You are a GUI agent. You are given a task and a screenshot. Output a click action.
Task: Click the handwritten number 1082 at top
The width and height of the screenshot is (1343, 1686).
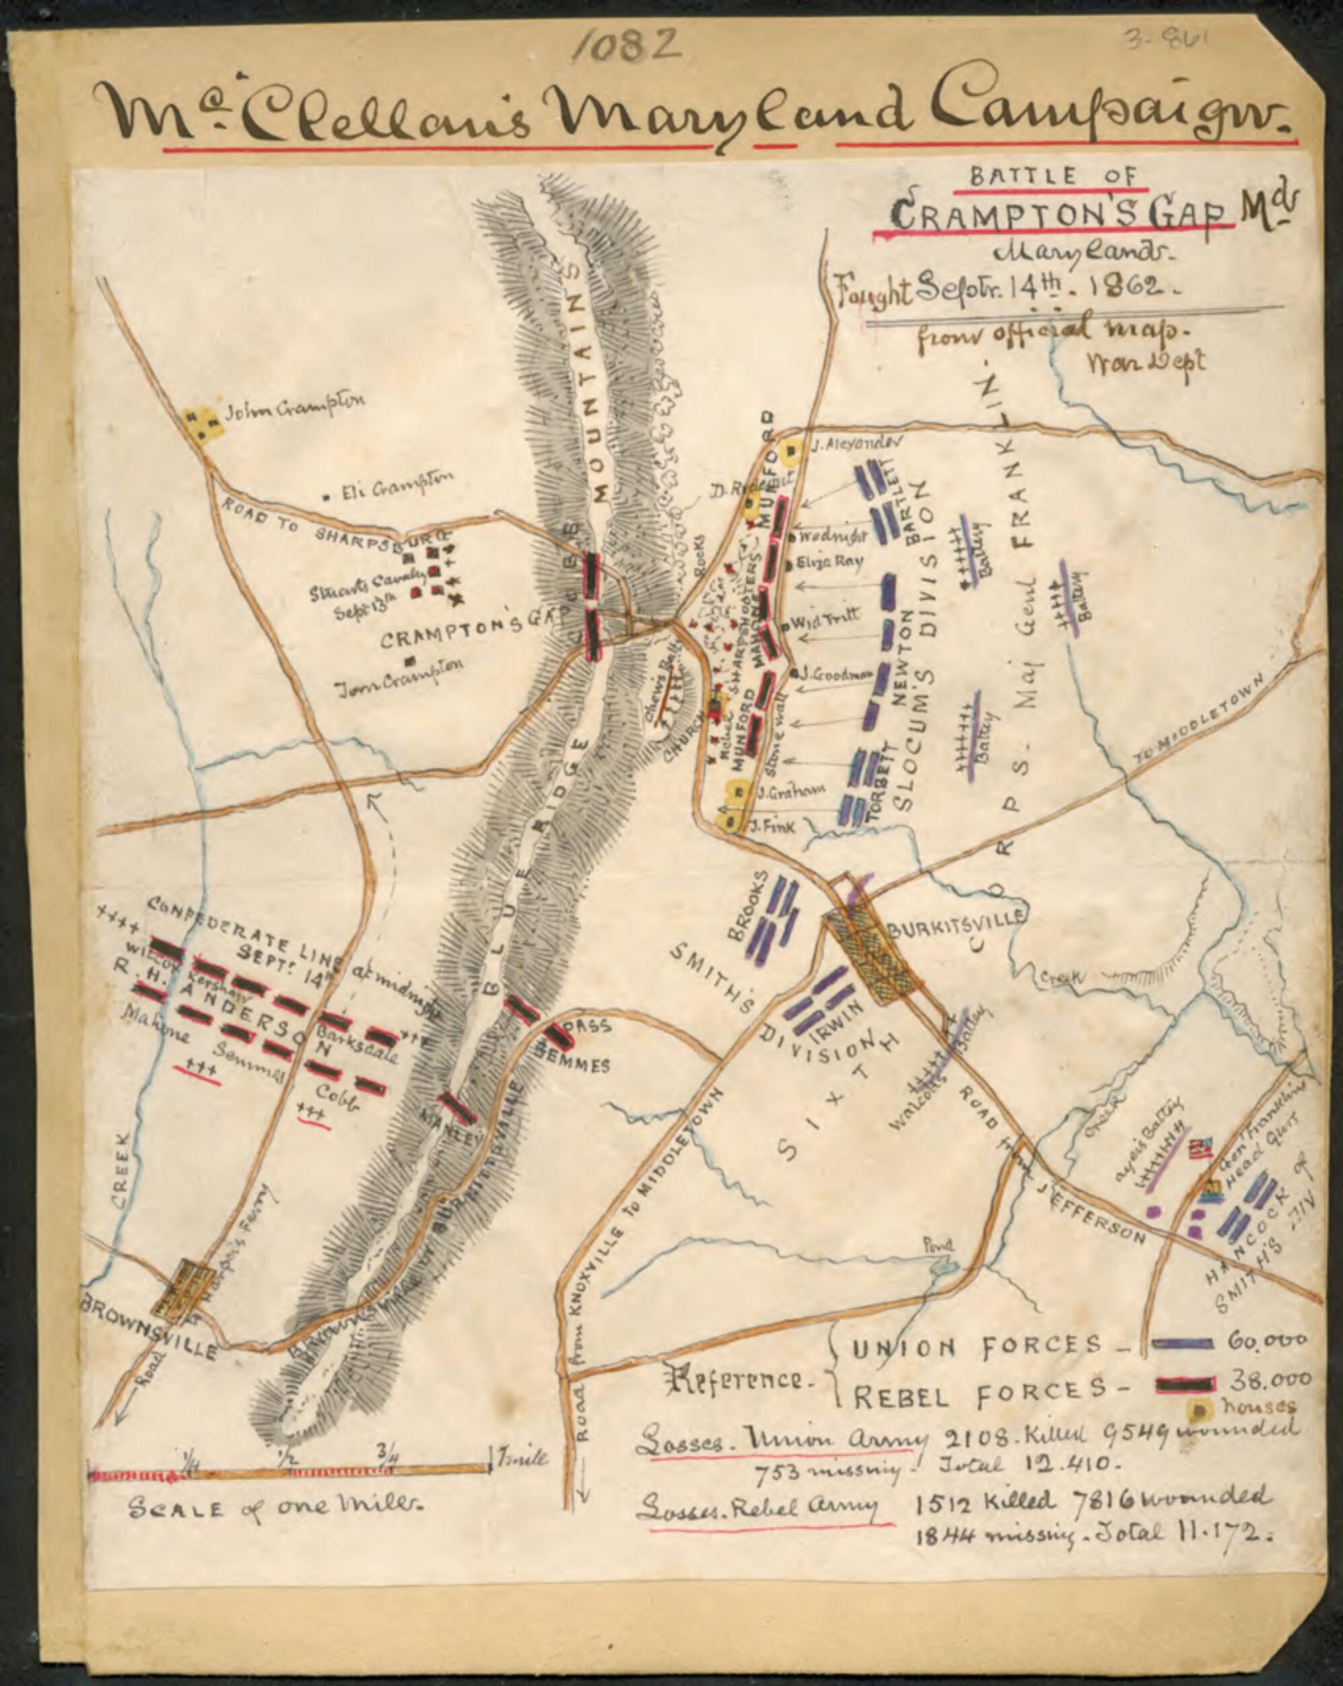tap(626, 48)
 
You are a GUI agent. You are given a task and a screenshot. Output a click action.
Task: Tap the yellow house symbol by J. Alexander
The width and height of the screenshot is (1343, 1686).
tap(792, 450)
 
